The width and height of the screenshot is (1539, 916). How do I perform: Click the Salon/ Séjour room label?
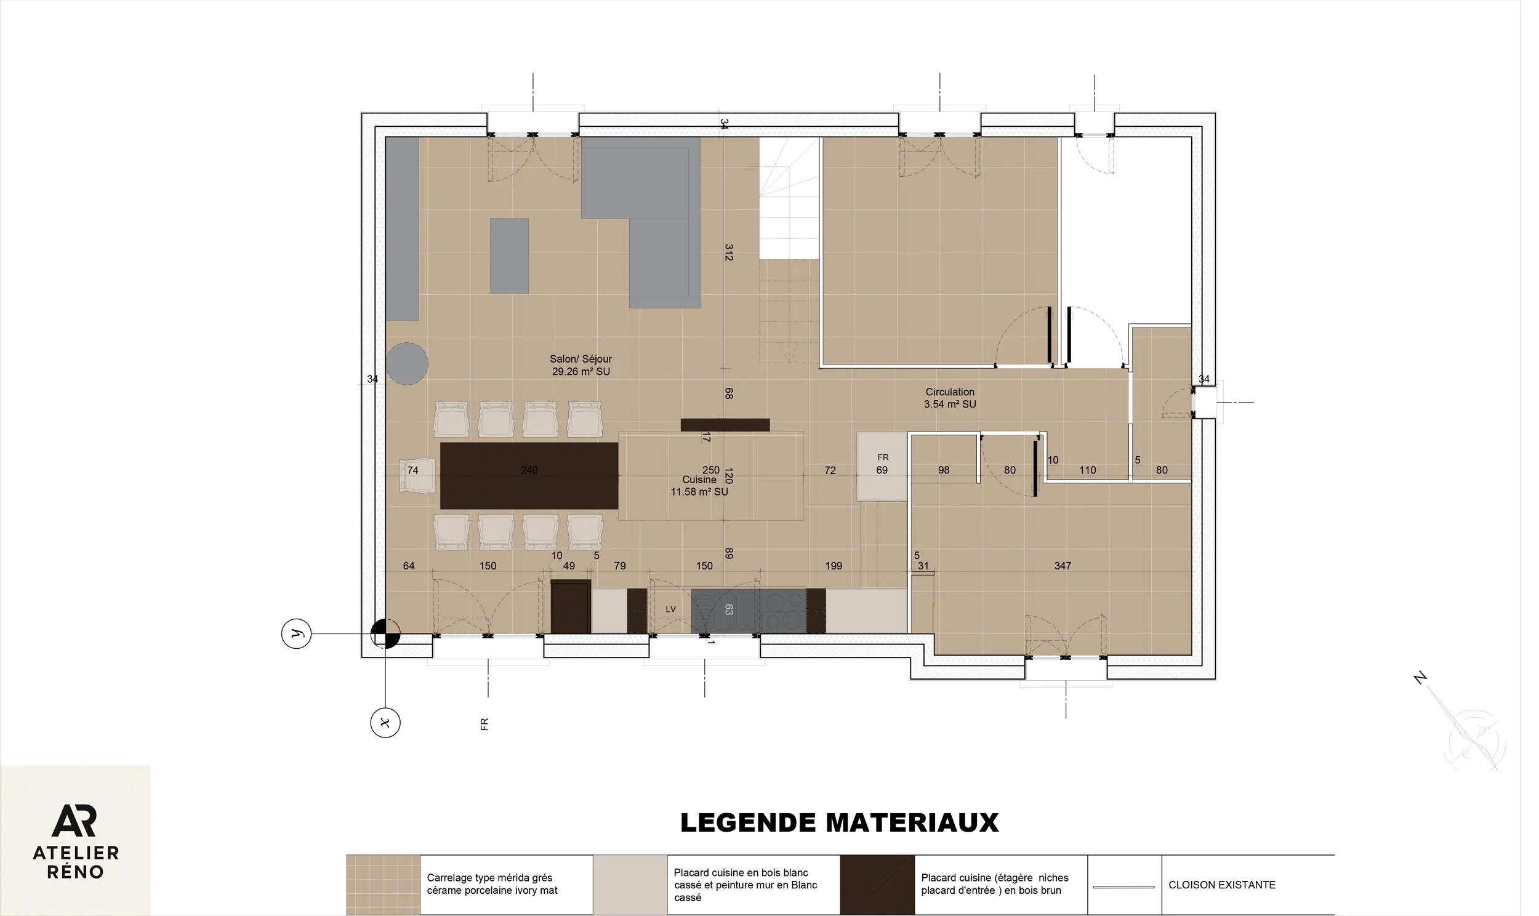pyautogui.click(x=581, y=365)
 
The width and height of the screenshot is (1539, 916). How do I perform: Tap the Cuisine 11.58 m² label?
pyautogui.click(x=699, y=486)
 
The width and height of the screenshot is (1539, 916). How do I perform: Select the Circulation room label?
pyautogui.click(x=950, y=398)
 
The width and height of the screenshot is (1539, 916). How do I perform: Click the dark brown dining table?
pyautogui.click(x=529, y=475)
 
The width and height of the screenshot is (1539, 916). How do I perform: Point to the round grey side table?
pyautogui.click(x=408, y=364)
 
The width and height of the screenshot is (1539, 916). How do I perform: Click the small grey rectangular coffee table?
pyautogui.click(x=509, y=255)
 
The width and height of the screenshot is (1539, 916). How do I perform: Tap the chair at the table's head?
pyautogui.click(x=417, y=475)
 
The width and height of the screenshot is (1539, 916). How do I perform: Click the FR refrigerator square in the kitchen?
pyautogui.click(x=882, y=466)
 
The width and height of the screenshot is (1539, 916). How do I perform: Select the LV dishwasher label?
pyautogui.click(x=671, y=609)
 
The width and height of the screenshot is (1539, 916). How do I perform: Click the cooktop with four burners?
pyautogui.click(x=783, y=611)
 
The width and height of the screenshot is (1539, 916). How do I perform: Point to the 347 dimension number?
pyautogui.click(x=1063, y=565)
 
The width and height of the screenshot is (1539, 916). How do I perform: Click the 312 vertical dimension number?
pyautogui.click(x=728, y=252)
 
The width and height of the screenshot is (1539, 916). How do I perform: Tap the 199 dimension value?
pyautogui.click(x=834, y=565)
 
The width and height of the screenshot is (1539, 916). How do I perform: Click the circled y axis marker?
pyautogui.click(x=296, y=634)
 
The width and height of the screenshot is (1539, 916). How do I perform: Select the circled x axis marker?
pyautogui.click(x=385, y=722)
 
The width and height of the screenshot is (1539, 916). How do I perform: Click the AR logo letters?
pyautogui.click(x=74, y=821)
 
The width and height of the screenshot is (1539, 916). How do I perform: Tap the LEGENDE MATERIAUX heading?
pyautogui.click(x=839, y=823)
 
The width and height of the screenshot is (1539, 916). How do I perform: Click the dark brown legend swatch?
pyautogui.click(x=877, y=885)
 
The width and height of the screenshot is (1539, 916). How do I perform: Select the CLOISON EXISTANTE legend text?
pyautogui.click(x=1222, y=885)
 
